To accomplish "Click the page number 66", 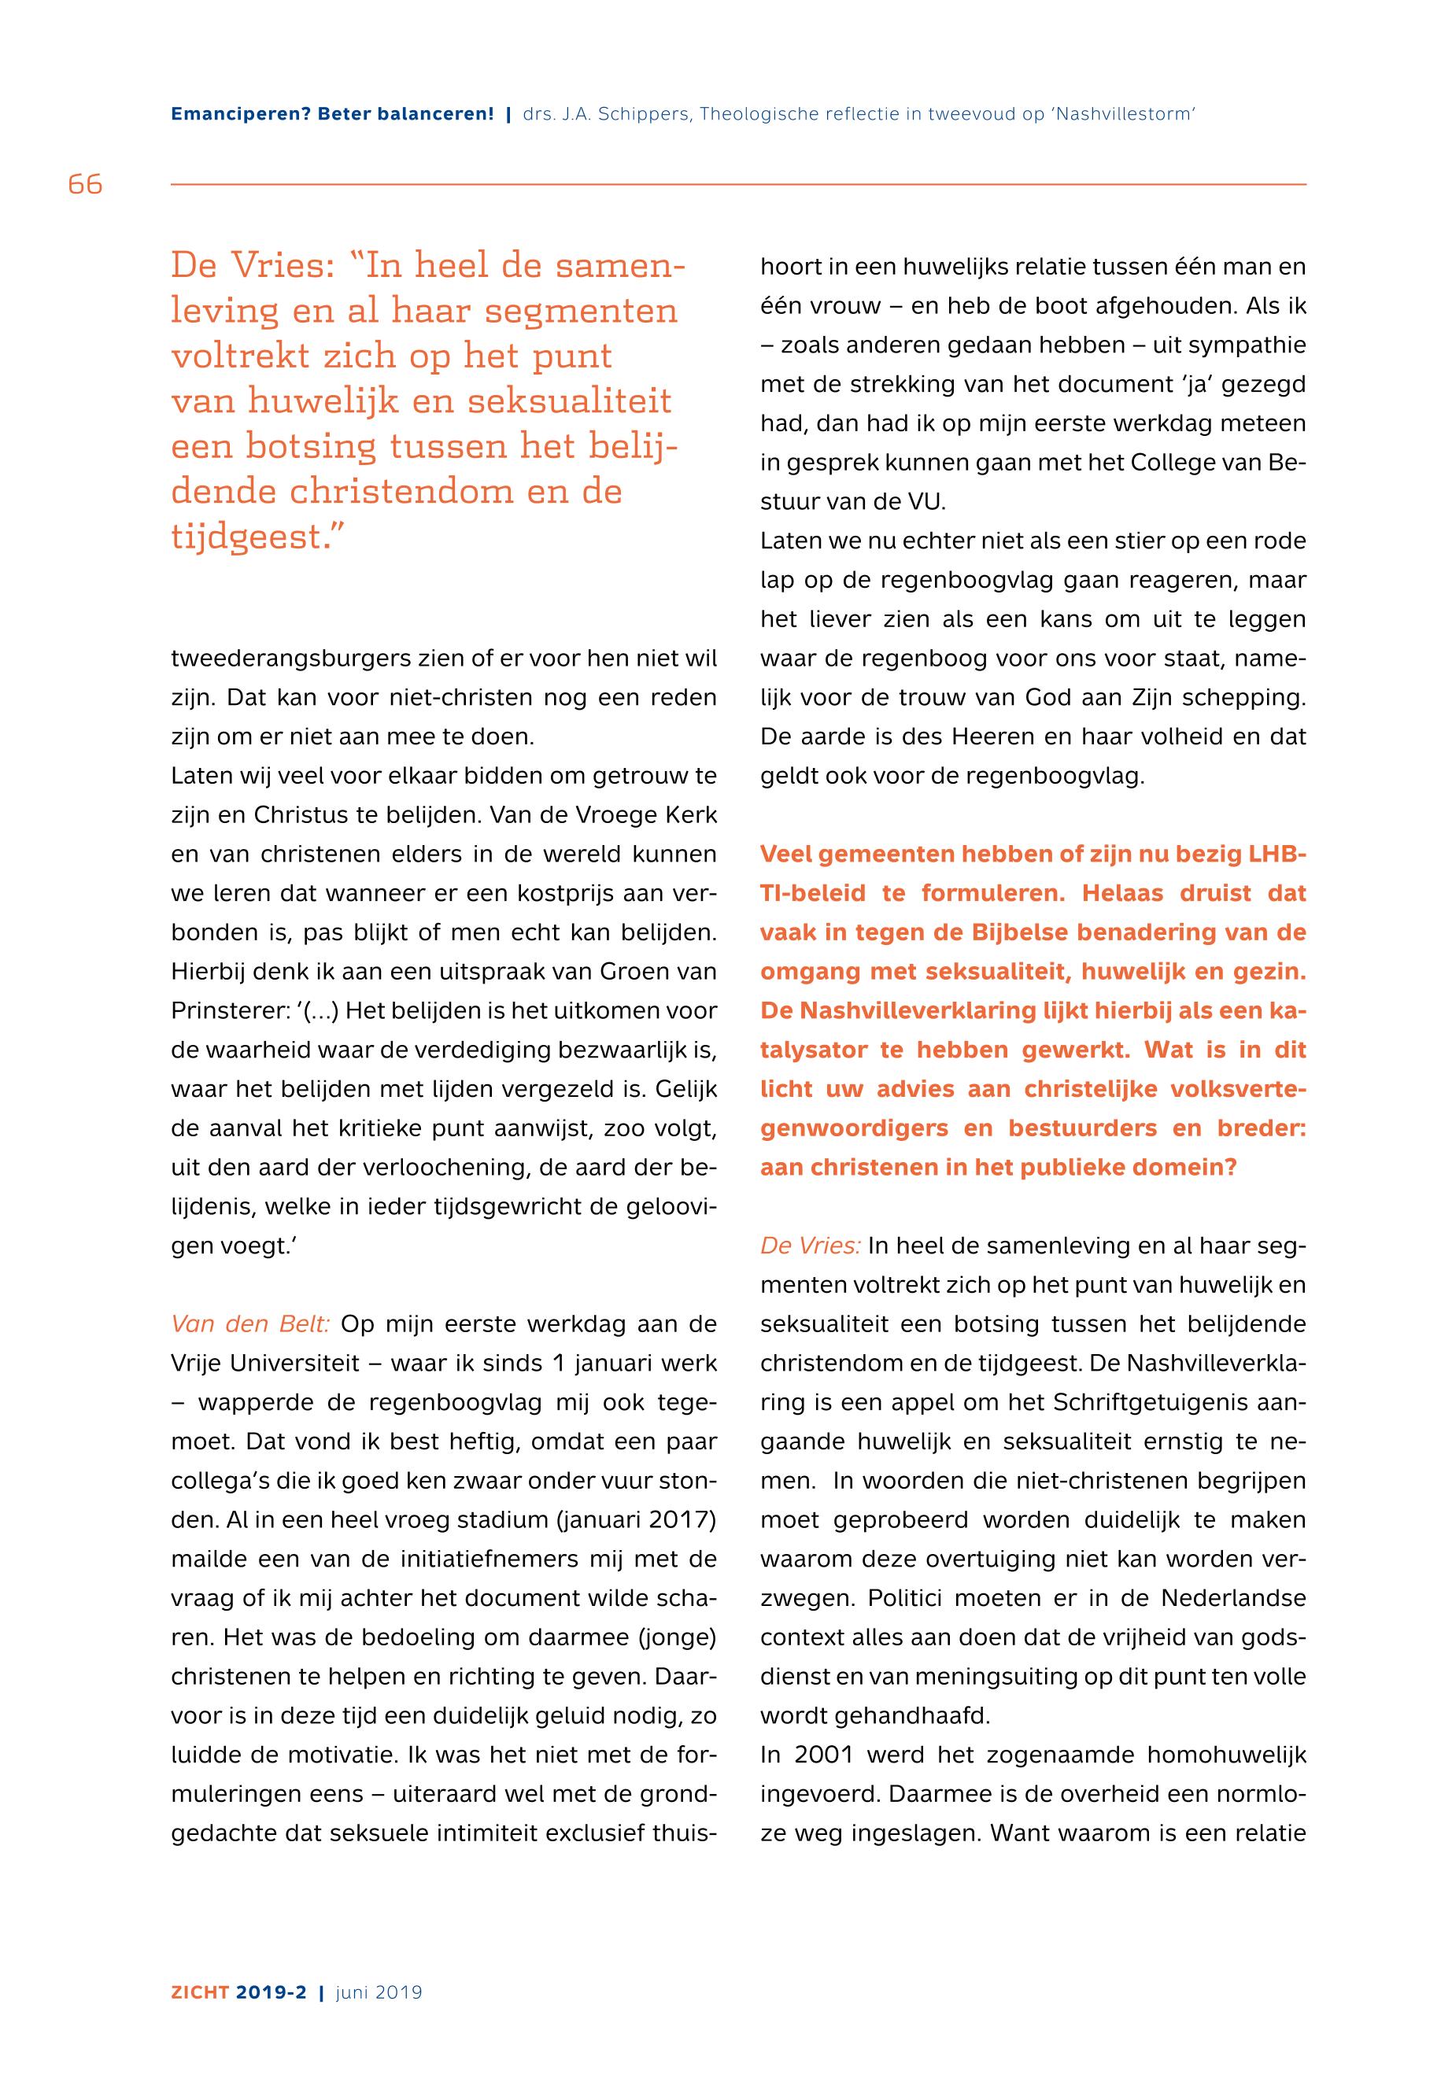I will pos(85,185).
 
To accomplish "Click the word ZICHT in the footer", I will pos(200,1993).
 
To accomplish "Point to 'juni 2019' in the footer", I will pos(379,1993).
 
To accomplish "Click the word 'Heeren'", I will pos(992,736).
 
